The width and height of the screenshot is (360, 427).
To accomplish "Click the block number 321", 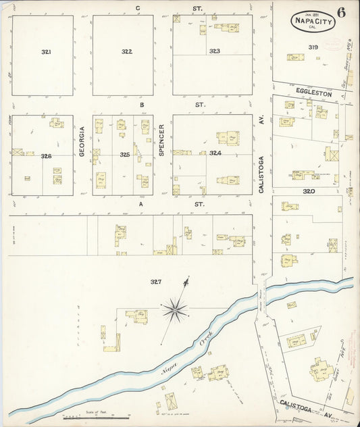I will pyautogui.click(x=46, y=51).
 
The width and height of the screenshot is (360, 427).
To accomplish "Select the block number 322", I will pyautogui.click(x=126, y=51).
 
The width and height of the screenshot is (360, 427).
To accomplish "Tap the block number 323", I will pyautogui.click(x=215, y=51).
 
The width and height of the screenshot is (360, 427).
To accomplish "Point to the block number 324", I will pyautogui.click(x=215, y=153).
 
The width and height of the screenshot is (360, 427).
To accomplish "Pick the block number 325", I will pyautogui.click(x=125, y=155).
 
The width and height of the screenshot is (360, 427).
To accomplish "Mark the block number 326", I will pyautogui.click(x=46, y=156).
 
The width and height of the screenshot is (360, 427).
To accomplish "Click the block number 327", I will pyautogui.click(x=155, y=282).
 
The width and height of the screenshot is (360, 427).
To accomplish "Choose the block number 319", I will pyautogui.click(x=313, y=47).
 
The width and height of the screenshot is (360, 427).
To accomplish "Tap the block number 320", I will pyautogui.click(x=309, y=191).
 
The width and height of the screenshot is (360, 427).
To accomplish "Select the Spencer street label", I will pyautogui.click(x=162, y=141).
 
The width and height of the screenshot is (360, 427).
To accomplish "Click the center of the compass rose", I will pyautogui.click(x=175, y=310).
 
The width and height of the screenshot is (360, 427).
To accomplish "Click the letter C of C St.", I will pyautogui.click(x=137, y=7).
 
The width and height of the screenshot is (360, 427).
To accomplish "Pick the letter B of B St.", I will pyautogui.click(x=142, y=105).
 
